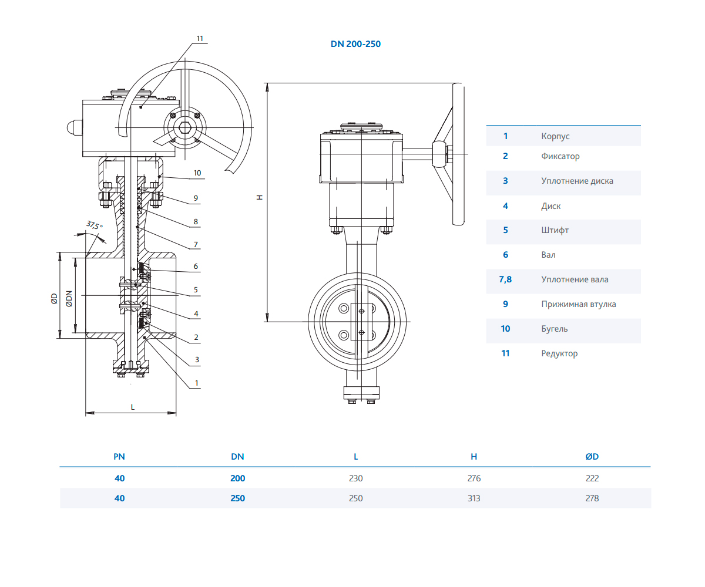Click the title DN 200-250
356,43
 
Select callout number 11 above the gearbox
200,38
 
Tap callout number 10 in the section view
197,173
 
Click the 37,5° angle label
94,225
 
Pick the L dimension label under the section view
133,406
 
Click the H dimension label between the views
259,198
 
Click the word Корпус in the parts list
555,136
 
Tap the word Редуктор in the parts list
559,353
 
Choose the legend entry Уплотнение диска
577,181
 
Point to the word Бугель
555,329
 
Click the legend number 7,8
505,279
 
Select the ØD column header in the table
592,456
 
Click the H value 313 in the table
474,498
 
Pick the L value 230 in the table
355,478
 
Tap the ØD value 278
592,498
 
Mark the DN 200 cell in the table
237,478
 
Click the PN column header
119,456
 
